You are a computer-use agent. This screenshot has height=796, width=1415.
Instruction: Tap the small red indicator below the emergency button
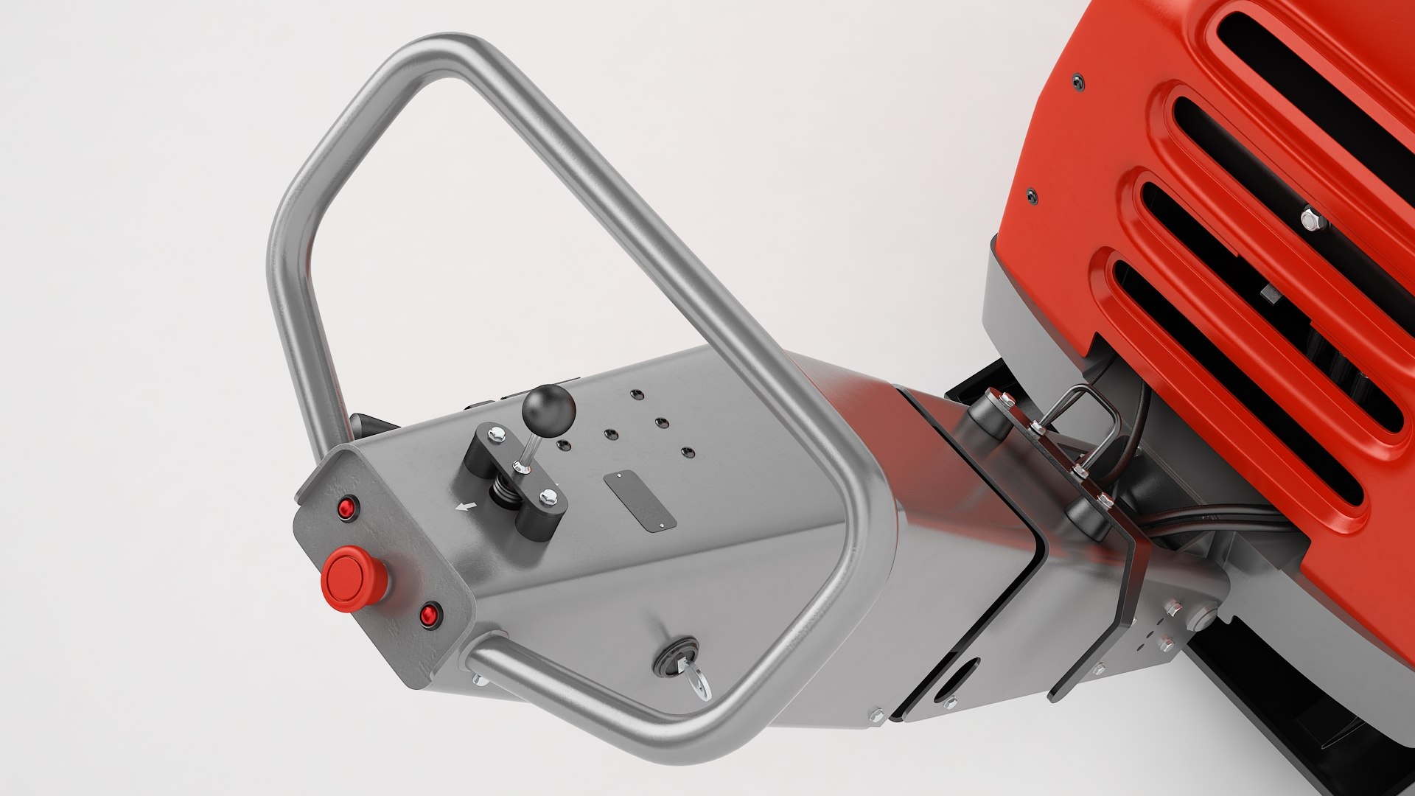[x=429, y=615]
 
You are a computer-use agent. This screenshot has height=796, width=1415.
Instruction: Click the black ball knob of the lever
[x=548, y=407]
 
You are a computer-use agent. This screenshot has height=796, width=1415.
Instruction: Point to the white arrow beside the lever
[x=464, y=506]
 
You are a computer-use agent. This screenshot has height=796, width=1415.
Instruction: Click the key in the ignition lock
[x=696, y=680]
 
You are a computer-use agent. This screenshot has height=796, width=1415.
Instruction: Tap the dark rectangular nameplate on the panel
[x=639, y=501]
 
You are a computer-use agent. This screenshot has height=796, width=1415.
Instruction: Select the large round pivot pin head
[x=1202, y=616]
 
